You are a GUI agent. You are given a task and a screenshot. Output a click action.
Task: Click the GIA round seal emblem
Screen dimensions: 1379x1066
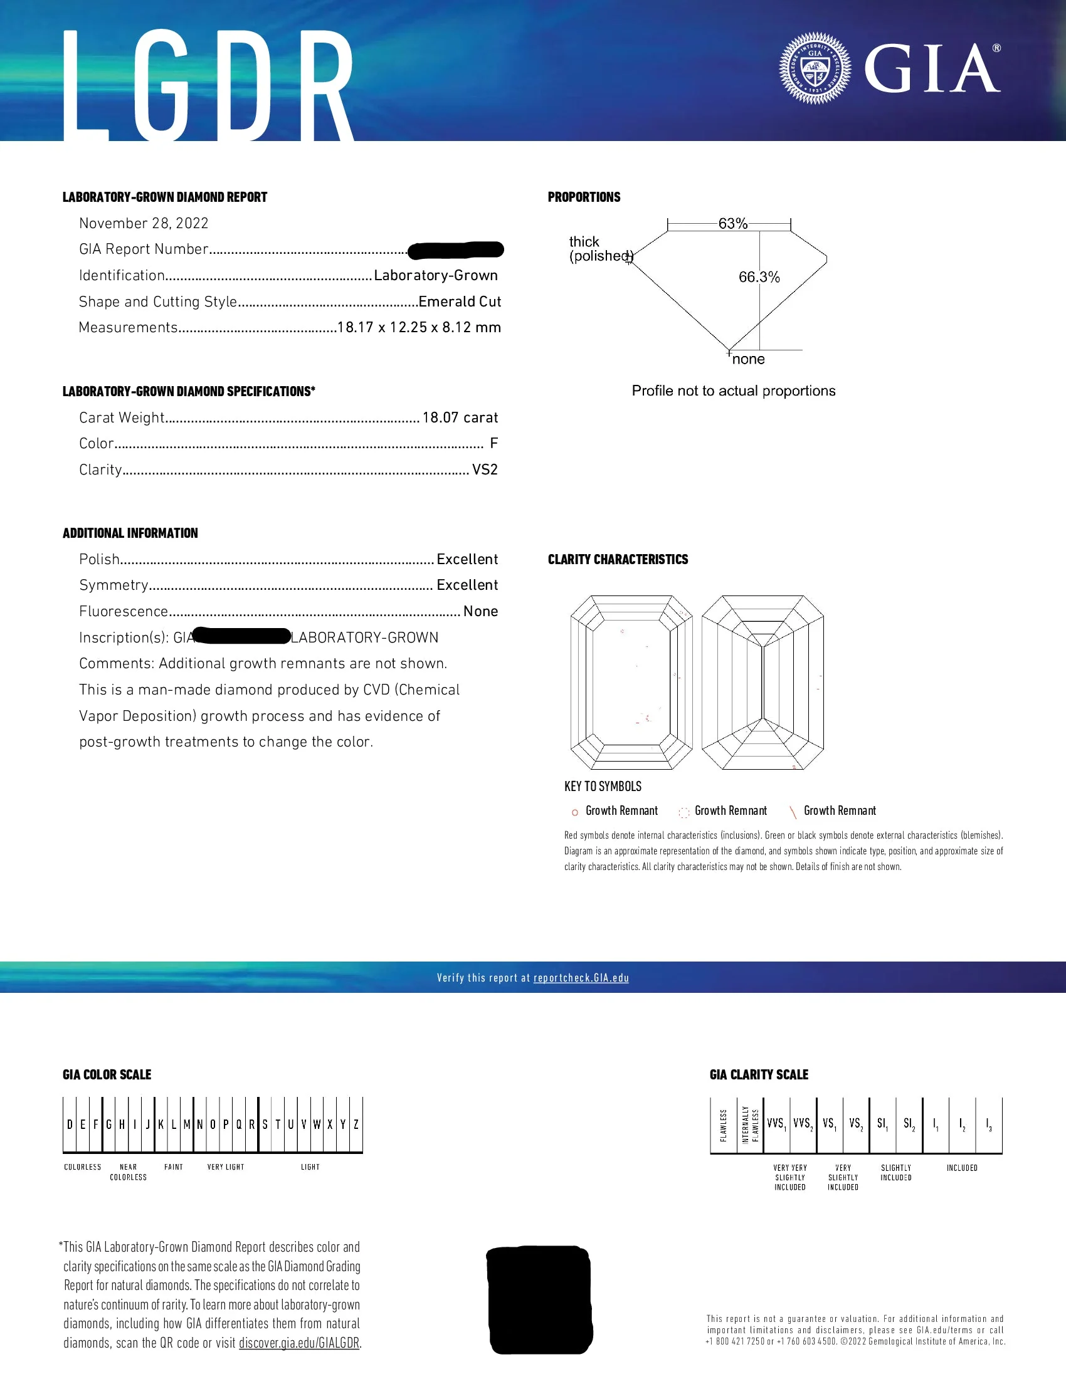[x=815, y=68]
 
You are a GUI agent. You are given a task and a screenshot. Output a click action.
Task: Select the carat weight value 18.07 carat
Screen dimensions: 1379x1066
[x=460, y=417]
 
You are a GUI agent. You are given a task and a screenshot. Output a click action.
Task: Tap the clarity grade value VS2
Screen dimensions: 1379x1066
[x=484, y=469]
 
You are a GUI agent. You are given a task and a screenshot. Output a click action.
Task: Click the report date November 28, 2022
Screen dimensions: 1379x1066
[x=144, y=223]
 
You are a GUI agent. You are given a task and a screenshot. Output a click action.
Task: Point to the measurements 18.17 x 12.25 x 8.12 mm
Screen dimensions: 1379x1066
[x=419, y=327]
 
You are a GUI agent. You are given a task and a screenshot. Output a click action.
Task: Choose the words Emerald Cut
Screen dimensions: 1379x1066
[x=459, y=301]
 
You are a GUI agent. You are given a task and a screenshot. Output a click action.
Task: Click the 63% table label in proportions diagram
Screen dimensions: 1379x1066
[x=732, y=224]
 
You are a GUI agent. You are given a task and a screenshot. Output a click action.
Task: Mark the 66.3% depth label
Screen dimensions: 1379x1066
[x=759, y=277]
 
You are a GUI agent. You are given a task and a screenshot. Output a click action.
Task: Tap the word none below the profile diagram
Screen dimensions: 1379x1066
[x=748, y=359]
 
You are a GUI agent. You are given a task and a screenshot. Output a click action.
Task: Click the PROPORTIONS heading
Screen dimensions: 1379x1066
[x=584, y=197]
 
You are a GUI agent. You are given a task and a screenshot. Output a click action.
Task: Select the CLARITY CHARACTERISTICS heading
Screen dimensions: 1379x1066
[x=618, y=559]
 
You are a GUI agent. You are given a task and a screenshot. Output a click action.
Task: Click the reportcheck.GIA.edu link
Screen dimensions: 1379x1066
[x=581, y=978]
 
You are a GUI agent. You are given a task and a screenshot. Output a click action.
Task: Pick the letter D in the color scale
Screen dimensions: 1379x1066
[x=70, y=1125]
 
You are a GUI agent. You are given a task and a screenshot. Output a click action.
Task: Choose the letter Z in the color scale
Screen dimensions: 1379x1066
[x=356, y=1125]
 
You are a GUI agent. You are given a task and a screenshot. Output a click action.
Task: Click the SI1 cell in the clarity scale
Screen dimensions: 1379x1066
[x=882, y=1124]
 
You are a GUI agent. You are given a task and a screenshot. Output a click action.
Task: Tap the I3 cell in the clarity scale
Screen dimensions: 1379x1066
[x=988, y=1124]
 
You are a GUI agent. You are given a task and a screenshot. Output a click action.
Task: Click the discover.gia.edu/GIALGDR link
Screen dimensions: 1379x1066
[x=298, y=1343]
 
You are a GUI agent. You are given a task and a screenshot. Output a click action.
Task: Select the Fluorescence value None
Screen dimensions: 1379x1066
[x=480, y=611]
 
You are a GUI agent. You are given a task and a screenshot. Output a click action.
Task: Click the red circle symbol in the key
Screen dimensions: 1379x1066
[x=574, y=812]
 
